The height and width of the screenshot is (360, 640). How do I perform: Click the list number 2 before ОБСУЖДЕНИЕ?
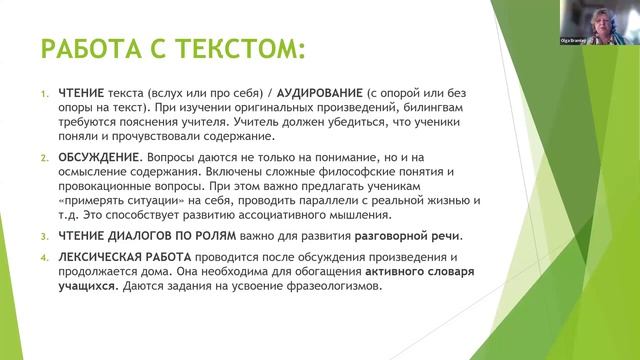44,158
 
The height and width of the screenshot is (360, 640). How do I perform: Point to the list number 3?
44,236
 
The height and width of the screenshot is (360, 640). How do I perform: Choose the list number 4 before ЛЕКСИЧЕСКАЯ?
44,257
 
